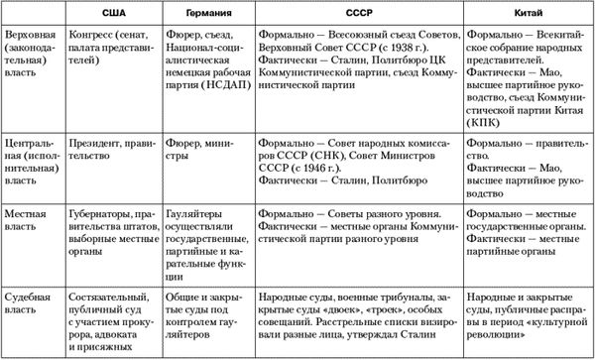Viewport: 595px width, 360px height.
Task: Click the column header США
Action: (x=114, y=12)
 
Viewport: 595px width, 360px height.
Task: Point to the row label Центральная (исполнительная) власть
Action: (x=32, y=159)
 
